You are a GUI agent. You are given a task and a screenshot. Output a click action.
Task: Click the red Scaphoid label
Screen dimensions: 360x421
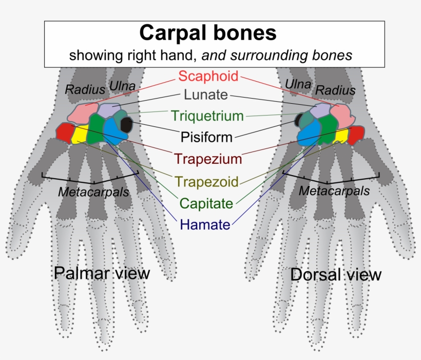(x=208, y=77)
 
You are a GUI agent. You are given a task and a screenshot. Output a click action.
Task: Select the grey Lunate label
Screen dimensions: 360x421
(x=205, y=95)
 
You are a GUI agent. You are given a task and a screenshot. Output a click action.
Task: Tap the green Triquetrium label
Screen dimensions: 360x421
(x=207, y=116)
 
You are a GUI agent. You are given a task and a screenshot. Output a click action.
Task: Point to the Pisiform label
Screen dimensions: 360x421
(x=206, y=137)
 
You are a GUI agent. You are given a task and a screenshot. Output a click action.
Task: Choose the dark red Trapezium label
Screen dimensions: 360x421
(x=207, y=159)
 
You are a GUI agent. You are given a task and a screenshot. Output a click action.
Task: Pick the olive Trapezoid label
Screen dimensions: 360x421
(x=206, y=181)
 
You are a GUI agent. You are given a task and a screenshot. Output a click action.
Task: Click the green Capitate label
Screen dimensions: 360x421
(x=206, y=203)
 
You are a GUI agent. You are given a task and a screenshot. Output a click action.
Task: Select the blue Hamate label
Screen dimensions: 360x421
(x=205, y=225)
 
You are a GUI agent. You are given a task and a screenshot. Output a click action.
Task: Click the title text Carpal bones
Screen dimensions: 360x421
(x=208, y=33)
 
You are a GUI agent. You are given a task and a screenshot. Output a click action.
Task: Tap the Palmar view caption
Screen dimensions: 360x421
(x=102, y=273)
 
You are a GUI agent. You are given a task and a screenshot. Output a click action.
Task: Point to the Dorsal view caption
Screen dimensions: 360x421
(x=336, y=275)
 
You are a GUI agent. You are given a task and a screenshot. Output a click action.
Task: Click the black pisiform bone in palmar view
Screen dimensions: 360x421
(x=126, y=124)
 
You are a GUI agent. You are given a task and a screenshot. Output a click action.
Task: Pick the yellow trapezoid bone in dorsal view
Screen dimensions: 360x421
(x=341, y=136)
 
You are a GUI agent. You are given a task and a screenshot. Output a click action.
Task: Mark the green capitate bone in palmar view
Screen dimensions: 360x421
(x=95, y=128)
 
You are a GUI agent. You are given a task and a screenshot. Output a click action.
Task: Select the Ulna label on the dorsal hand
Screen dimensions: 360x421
(x=298, y=84)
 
